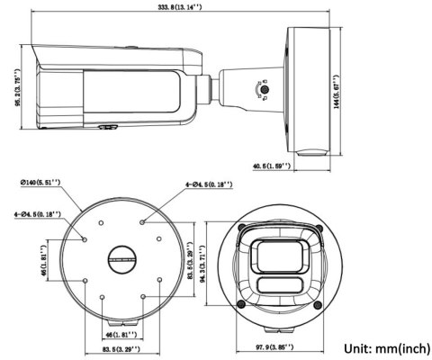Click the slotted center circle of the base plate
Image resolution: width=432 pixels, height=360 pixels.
coord(121,259)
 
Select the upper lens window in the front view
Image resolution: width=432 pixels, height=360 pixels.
coord(281,256)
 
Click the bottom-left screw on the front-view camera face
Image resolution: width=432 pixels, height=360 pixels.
coord(241,304)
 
